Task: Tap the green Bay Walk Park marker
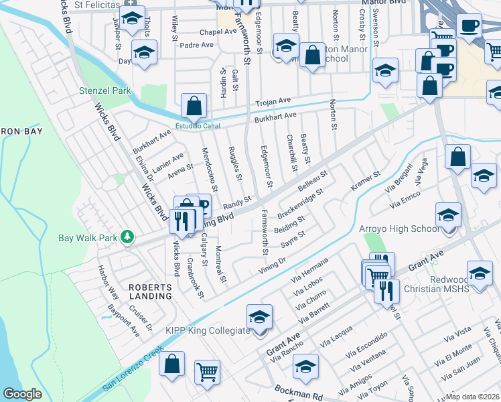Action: tap(125, 237)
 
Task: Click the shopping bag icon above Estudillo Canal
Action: tap(194, 106)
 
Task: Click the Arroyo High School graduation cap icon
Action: tap(448, 214)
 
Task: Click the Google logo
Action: tap(22, 394)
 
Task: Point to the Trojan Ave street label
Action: tap(273, 102)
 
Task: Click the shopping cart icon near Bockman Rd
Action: tap(207, 371)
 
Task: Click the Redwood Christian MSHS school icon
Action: tap(479, 273)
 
